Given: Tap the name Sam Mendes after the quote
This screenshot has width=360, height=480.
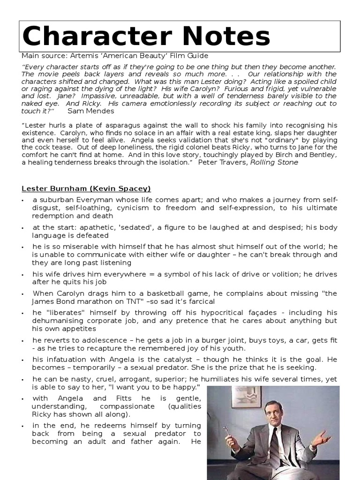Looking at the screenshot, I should tap(90, 111).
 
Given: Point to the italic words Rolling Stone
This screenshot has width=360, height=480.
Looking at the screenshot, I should tap(274, 163).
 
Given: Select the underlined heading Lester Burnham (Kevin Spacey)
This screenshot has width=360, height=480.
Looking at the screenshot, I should tap(86, 188).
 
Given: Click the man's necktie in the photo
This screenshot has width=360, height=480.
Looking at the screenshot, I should tap(273, 445).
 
